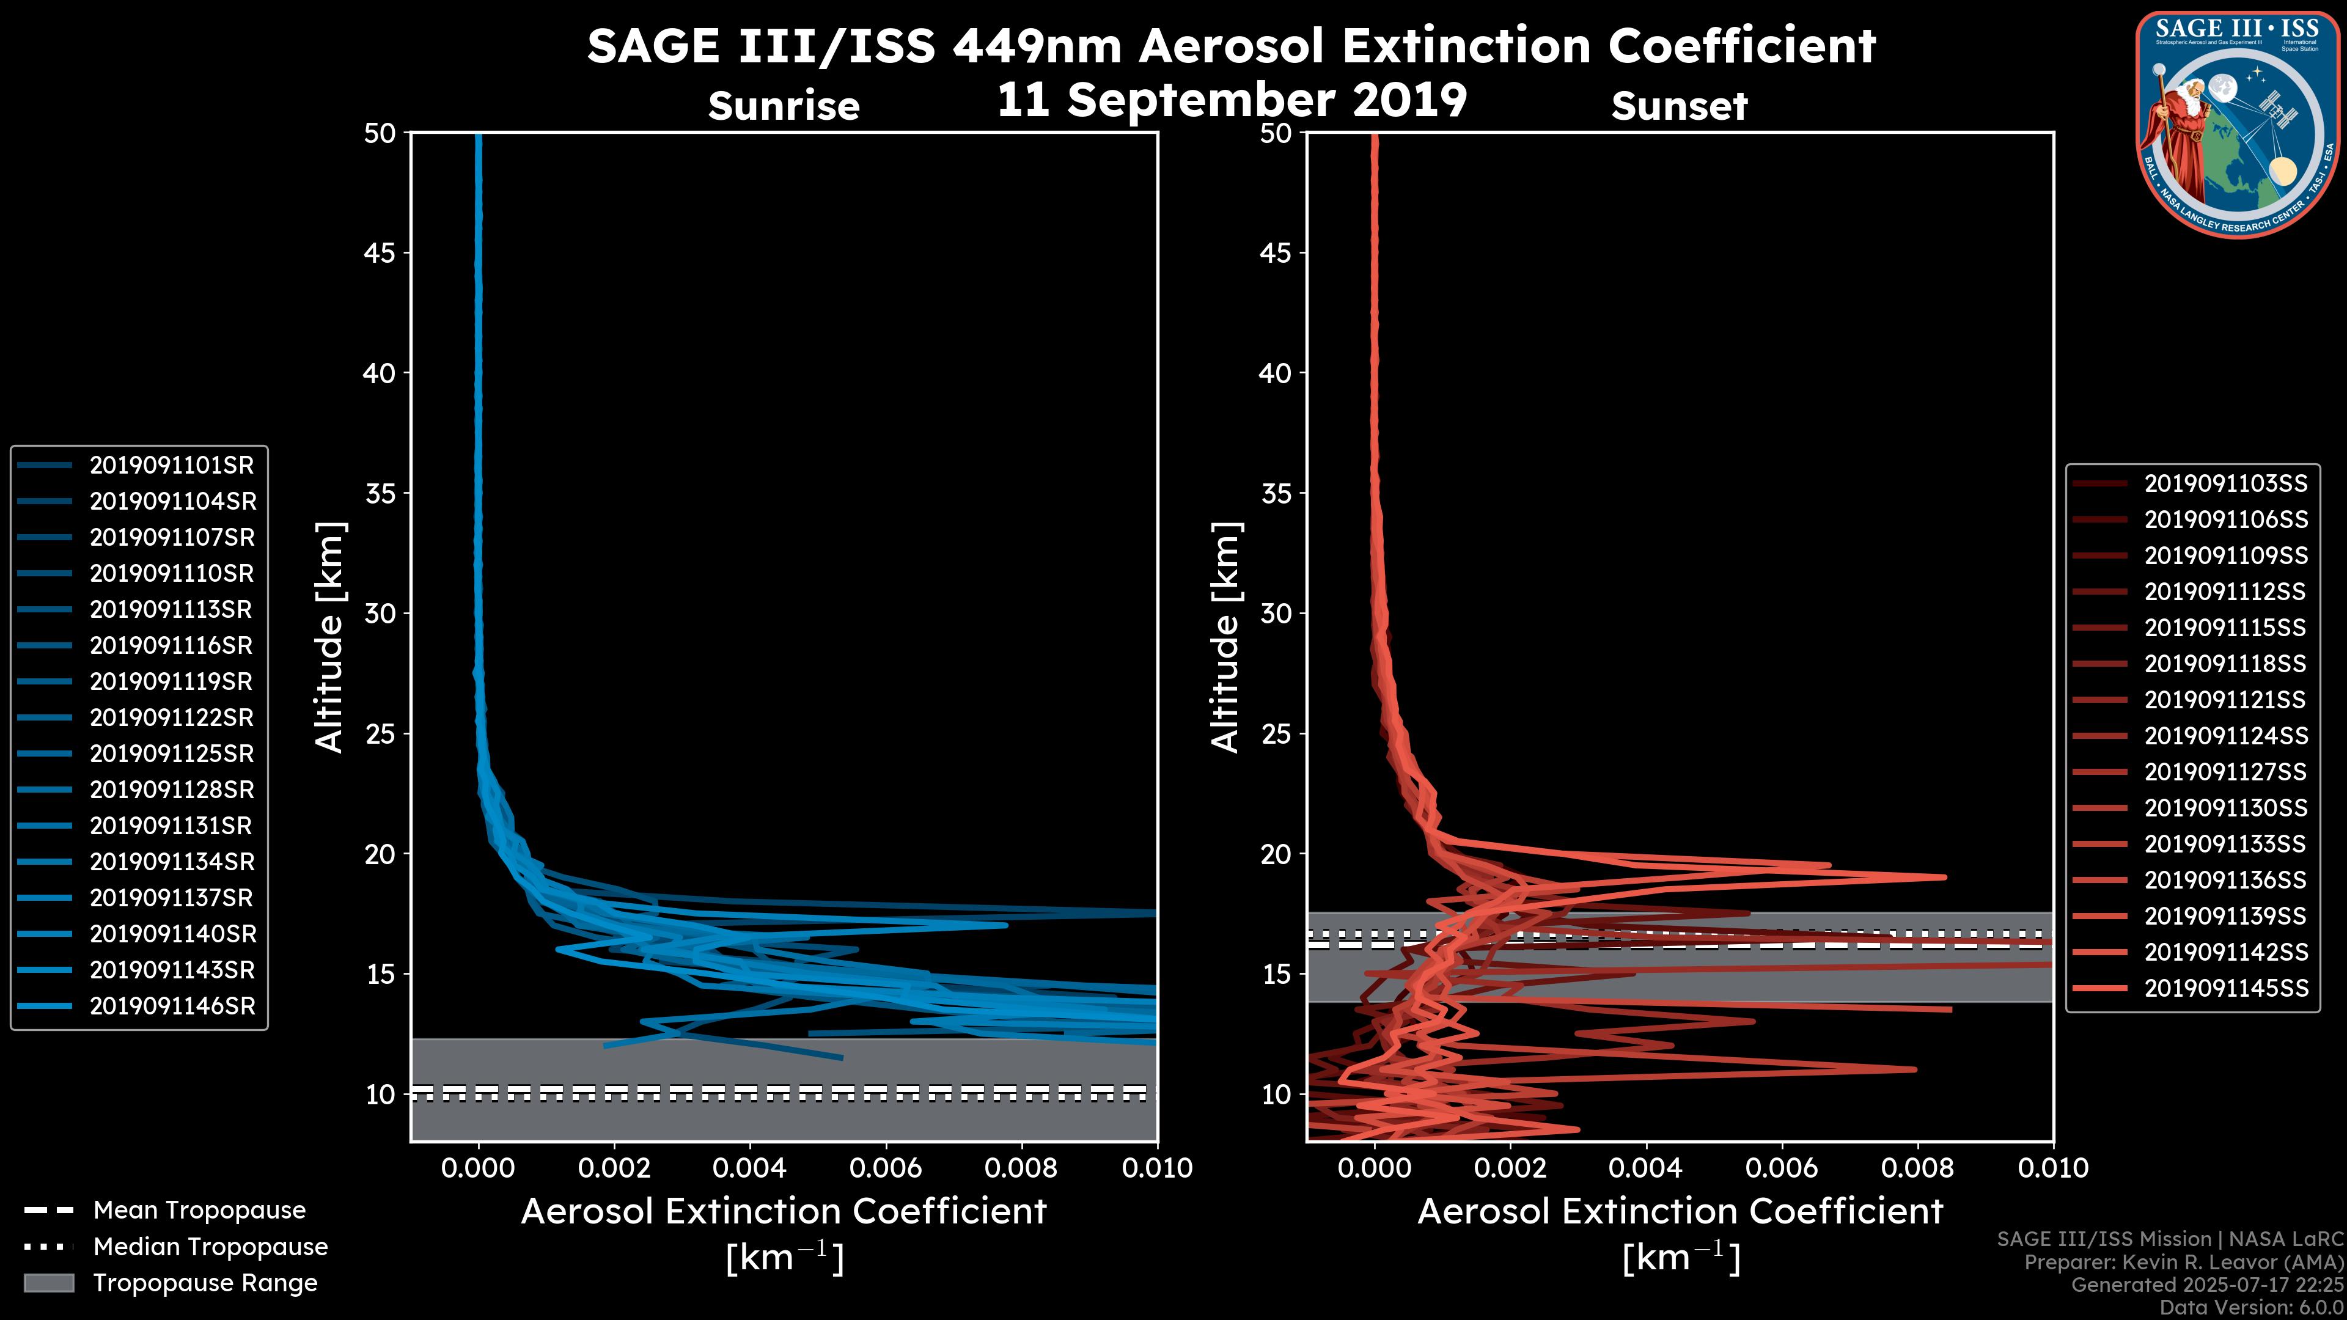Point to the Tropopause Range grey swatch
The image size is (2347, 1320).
pyautogui.click(x=48, y=1283)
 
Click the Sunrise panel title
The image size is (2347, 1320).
pyautogui.click(x=784, y=106)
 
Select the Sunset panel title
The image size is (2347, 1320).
pyautogui.click(x=1679, y=106)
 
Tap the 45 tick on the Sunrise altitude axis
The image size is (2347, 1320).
pyautogui.click(x=380, y=253)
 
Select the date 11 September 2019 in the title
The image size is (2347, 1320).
pyautogui.click(x=1232, y=99)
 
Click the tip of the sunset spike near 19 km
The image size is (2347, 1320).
pyautogui.click(x=1944, y=878)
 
